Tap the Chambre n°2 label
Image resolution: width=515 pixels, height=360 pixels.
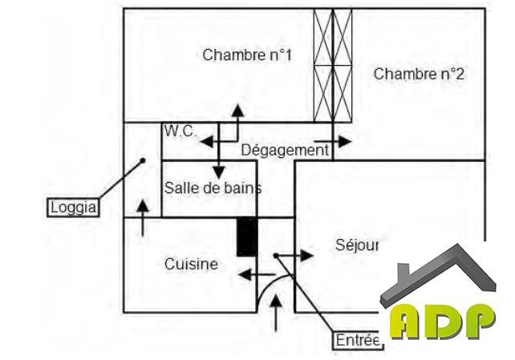(419, 74)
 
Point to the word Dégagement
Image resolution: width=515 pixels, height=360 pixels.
(285, 150)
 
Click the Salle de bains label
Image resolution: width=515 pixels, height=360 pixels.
(213, 188)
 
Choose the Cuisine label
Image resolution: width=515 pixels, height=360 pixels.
(191, 264)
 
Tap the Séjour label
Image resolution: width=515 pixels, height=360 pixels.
(356, 245)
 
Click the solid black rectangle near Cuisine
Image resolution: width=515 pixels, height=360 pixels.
(247, 237)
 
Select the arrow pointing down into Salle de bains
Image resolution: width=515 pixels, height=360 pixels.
(218, 164)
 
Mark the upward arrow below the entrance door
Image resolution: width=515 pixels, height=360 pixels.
(278, 313)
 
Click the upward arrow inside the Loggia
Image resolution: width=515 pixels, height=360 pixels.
(143, 216)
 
